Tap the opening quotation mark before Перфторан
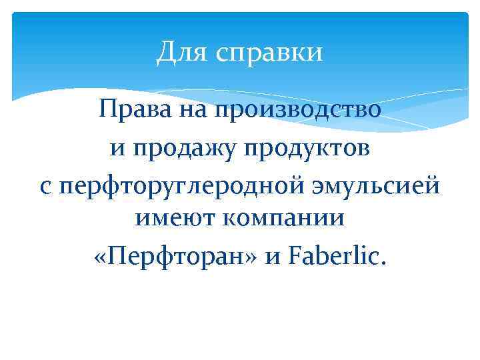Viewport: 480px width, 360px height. pyautogui.click(x=102, y=256)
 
